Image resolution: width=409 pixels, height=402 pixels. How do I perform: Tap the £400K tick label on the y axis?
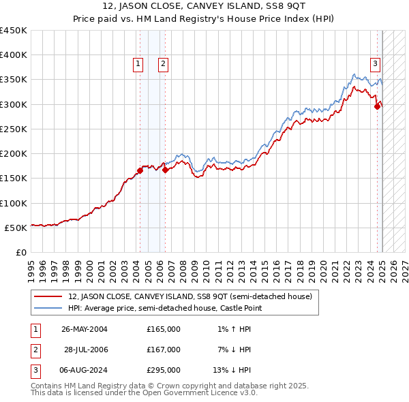14,55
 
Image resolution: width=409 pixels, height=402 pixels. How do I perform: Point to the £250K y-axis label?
14,129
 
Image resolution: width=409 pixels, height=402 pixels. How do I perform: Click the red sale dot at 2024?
377,106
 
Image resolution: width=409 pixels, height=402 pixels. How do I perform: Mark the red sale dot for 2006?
165,170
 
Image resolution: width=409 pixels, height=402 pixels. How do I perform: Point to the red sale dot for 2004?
140,170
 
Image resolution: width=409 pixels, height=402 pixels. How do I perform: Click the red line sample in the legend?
49,296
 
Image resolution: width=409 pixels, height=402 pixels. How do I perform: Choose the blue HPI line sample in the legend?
49,309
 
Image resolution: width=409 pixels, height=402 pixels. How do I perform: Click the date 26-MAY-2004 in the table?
85,328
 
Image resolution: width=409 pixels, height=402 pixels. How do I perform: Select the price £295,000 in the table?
164,371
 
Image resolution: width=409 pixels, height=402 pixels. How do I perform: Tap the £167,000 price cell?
164,350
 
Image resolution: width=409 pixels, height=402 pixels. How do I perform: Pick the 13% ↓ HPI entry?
232,371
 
